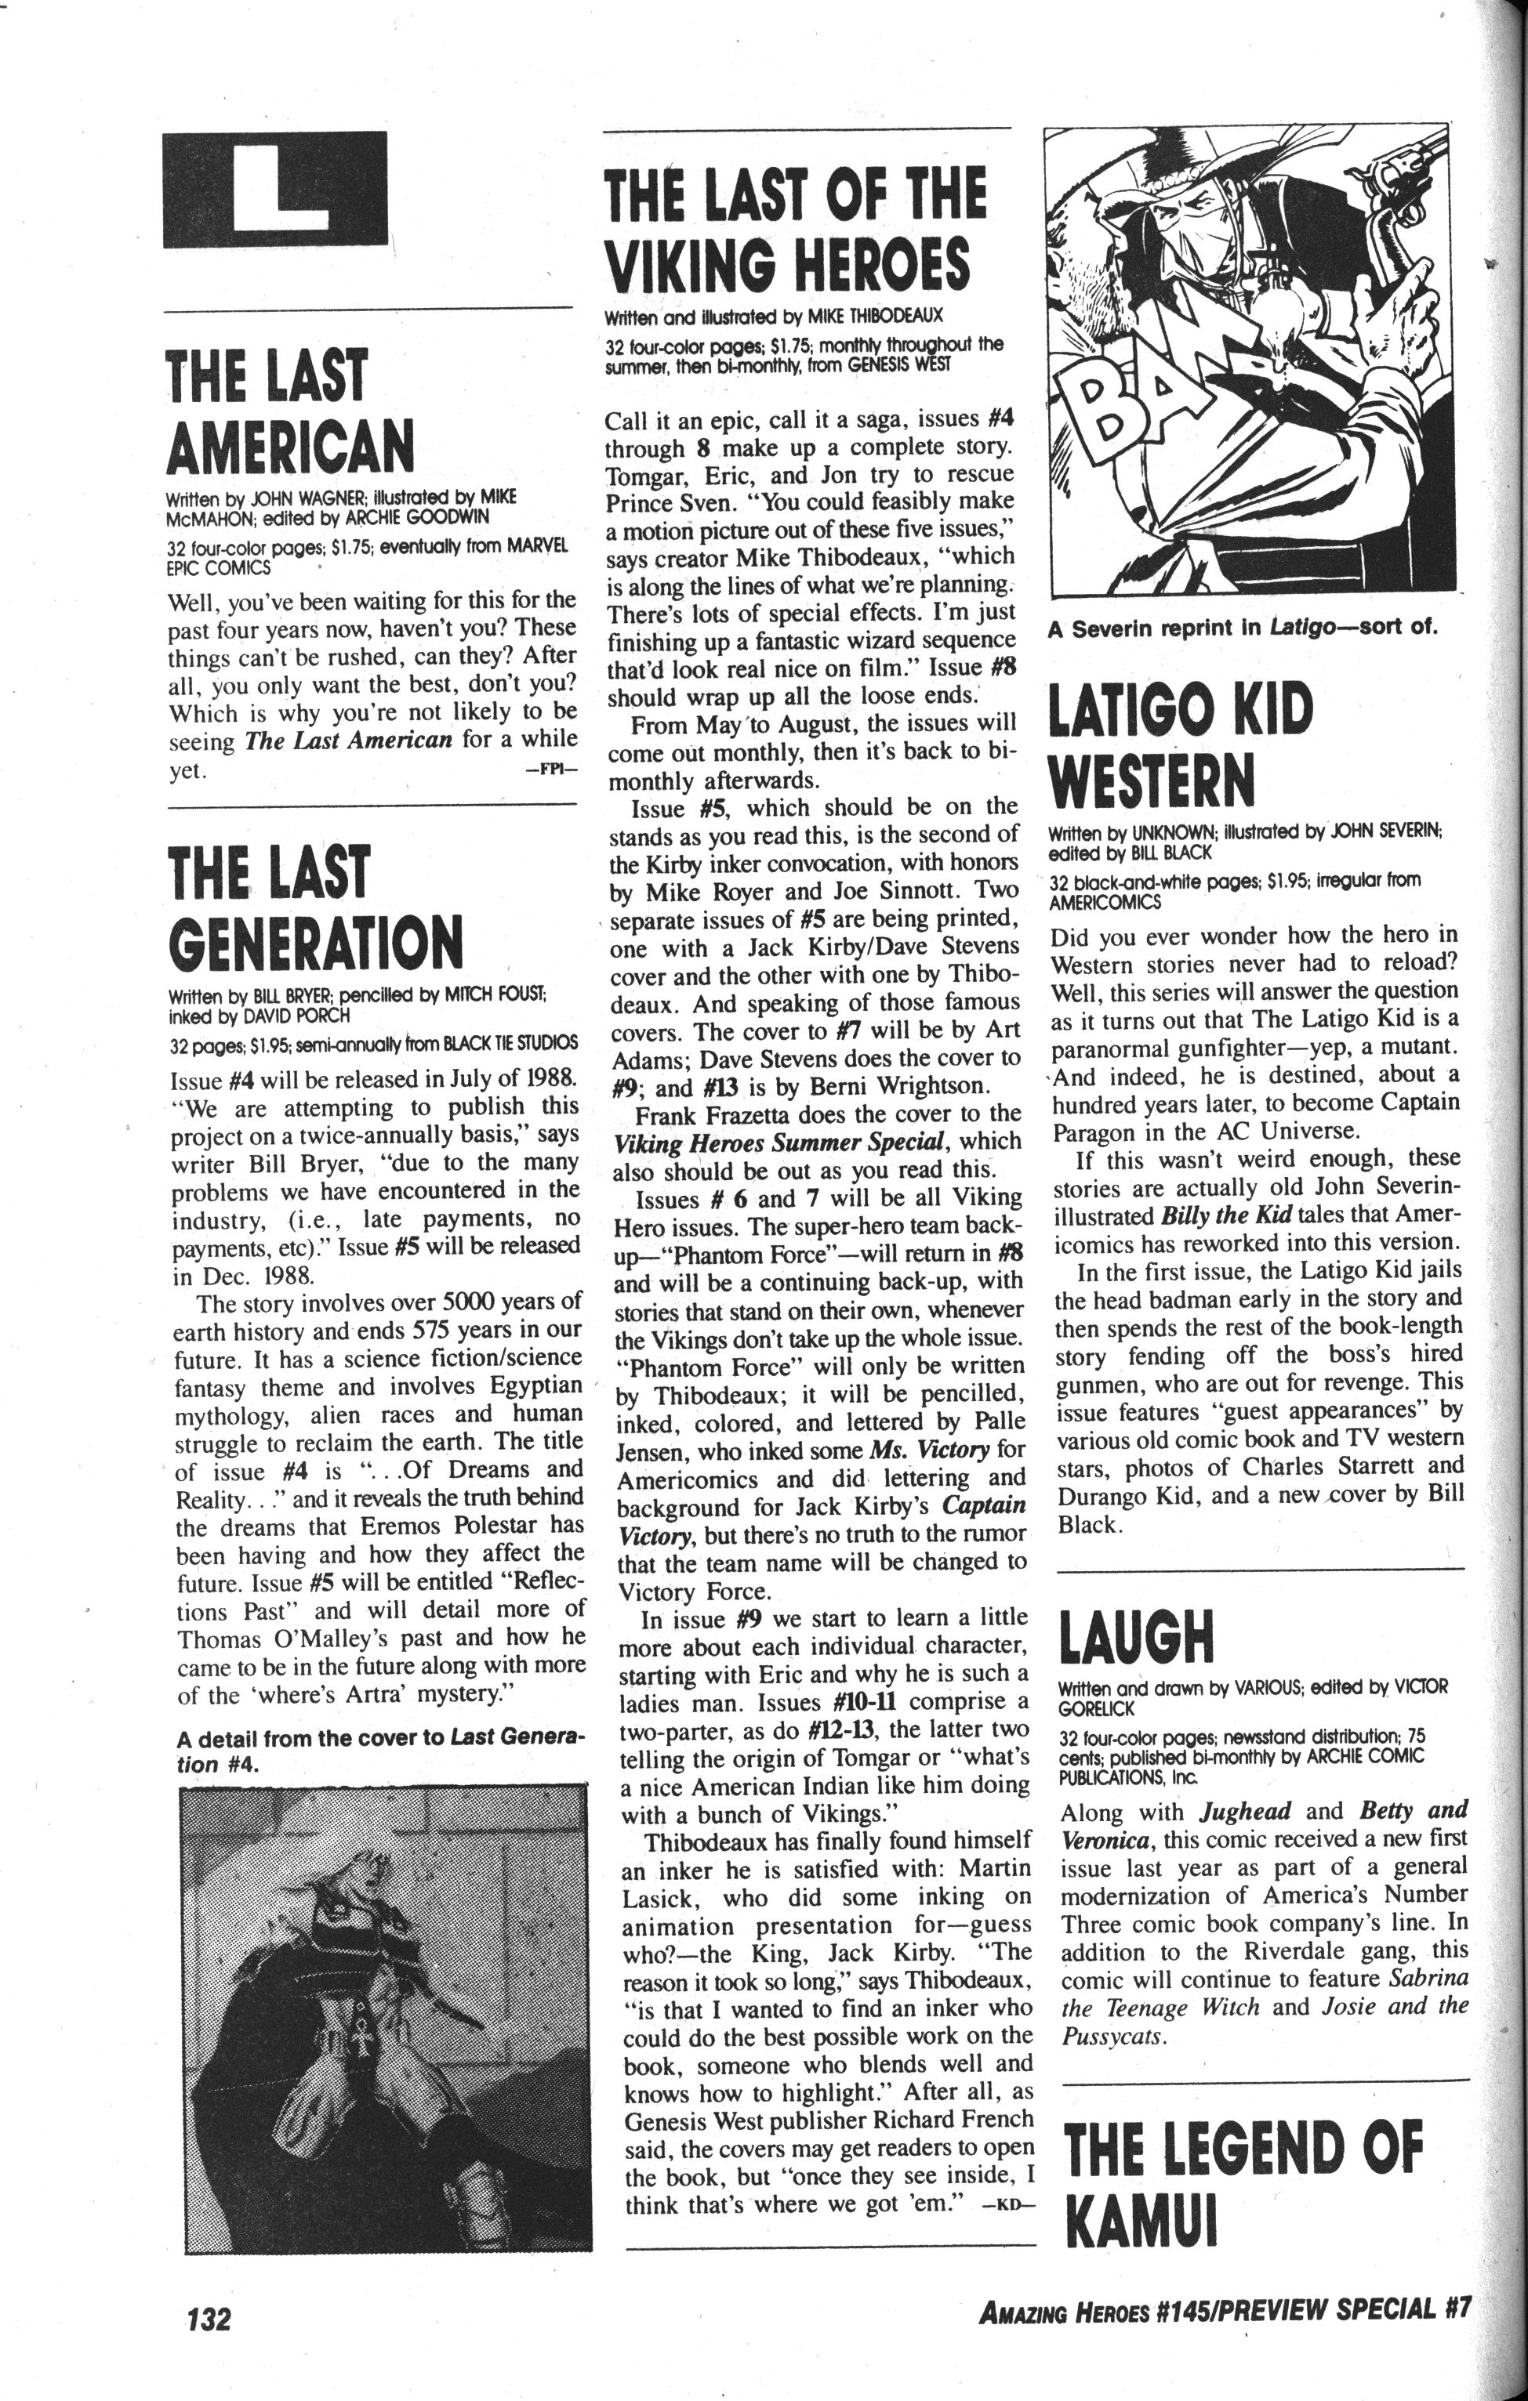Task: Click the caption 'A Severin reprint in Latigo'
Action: point(1241,629)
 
